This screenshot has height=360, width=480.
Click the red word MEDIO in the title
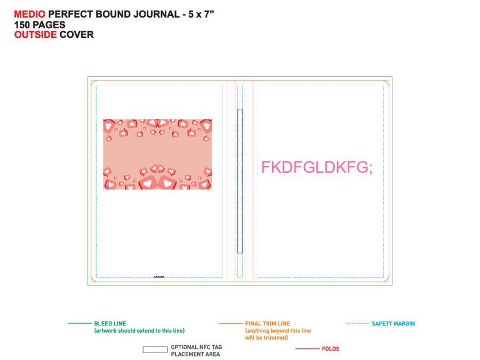[30, 14]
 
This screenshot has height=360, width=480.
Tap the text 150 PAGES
[40, 25]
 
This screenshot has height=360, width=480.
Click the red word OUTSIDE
[36, 35]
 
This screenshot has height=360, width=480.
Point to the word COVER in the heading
[77, 35]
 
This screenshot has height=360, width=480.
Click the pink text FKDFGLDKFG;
[317, 167]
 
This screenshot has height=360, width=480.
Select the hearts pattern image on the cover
[158, 154]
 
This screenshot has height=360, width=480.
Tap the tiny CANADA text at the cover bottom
[159, 277]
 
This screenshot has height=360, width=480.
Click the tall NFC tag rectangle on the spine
[240, 181]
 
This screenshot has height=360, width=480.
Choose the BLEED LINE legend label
[110, 324]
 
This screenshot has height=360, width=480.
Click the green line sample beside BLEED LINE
[79, 323]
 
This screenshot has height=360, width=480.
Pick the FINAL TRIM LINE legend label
[268, 324]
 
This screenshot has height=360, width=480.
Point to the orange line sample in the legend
[230, 323]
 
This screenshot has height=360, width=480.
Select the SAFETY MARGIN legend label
[394, 324]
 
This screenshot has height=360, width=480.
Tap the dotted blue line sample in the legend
[357, 323]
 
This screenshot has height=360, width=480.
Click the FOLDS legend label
[331, 349]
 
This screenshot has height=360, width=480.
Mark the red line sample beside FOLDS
[307, 349]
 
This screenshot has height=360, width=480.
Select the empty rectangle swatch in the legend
[155, 349]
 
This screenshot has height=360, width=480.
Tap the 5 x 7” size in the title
[201, 14]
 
